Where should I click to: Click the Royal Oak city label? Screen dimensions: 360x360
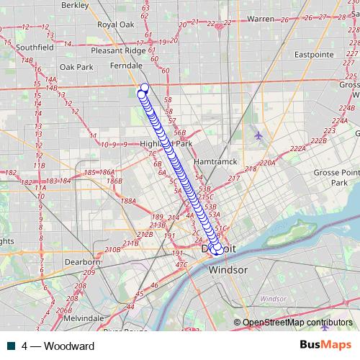tap(117, 24)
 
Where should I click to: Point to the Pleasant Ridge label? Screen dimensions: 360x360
tap(119, 51)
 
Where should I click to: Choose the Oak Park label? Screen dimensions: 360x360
tap(76, 67)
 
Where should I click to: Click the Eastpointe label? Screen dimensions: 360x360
tap(314, 54)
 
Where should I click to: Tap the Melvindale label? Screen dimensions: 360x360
tap(84, 318)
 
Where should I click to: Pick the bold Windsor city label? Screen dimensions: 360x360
tap(228, 269)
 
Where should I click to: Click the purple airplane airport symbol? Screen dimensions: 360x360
tap(258, 135)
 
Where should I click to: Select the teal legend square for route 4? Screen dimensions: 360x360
tap(12, 346)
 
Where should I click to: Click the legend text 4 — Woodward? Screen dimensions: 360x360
tap(58, 346)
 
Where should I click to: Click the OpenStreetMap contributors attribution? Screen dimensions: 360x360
tap(297, 323)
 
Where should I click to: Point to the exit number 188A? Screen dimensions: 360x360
tap(129, 202)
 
